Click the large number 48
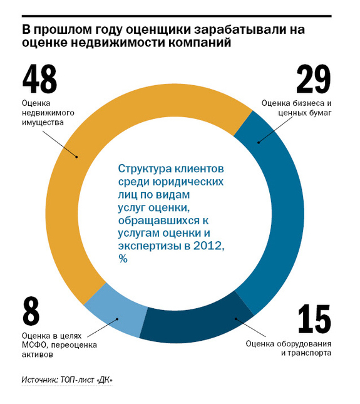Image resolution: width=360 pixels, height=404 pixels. click(39, 79)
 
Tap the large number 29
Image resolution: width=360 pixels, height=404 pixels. click(314, 79)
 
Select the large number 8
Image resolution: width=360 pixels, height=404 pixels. click(31, 311)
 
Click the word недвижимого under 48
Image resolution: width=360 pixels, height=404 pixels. click(48, 113)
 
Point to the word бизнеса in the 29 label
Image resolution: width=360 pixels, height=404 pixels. click(306, 103)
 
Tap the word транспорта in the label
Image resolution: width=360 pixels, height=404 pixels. click(309, 353)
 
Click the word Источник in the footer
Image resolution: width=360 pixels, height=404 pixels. click(39, 380)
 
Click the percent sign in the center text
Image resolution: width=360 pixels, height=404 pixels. click(123, 259)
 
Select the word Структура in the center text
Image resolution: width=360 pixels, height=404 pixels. click(145, 169)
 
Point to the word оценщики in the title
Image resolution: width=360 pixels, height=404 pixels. click(158, 30)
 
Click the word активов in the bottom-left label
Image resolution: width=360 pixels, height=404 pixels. click(38, 355)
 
